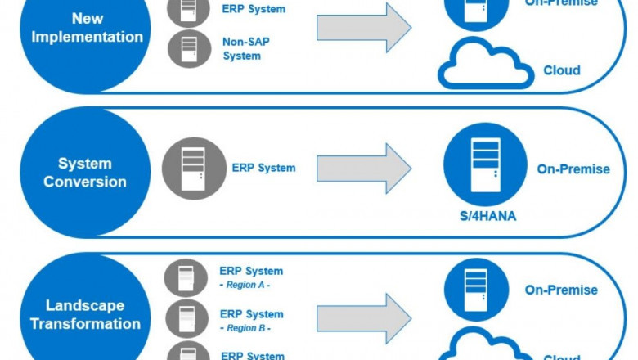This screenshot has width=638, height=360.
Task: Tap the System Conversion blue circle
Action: pos(85,171)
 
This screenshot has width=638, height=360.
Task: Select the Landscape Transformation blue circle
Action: pos(85,314)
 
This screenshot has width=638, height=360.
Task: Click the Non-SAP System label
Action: pos(241,48)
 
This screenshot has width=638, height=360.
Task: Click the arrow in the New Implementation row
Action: pos(364,27)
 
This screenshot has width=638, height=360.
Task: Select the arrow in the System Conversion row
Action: pos(364,168)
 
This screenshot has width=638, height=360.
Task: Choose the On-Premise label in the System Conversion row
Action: pos(573,169)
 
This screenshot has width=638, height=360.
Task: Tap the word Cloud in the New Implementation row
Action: pos(562,70)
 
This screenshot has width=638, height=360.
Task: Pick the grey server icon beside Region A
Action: pos(186,277)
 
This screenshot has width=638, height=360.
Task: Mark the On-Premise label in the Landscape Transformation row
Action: pos(561,290)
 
